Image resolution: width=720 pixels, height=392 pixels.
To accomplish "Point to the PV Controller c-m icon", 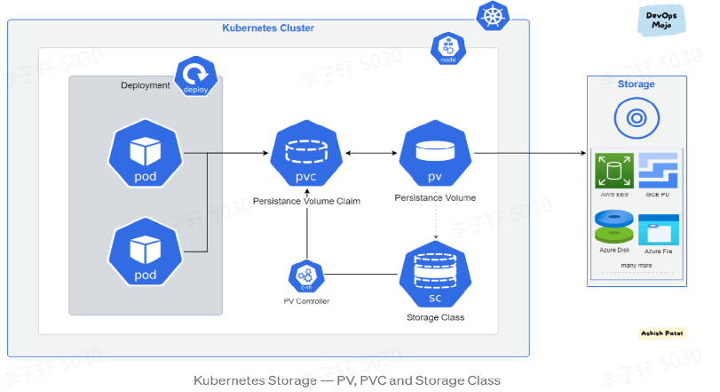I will [x=305, y=276].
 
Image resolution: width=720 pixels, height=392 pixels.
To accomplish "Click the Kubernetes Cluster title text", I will [x=268, y=28].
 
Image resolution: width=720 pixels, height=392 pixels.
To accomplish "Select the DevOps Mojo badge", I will [x=661, y=20].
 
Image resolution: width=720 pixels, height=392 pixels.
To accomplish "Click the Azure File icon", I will [x=659, y=229].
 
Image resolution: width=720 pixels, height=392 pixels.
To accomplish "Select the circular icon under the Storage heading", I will [x=636, y=117].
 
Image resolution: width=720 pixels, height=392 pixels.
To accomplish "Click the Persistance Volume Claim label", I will [x=306, y=201].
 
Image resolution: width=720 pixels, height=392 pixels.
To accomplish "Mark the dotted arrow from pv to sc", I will [x=435, y=224].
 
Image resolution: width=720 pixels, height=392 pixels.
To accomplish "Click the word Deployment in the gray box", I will [x=146, y=85].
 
